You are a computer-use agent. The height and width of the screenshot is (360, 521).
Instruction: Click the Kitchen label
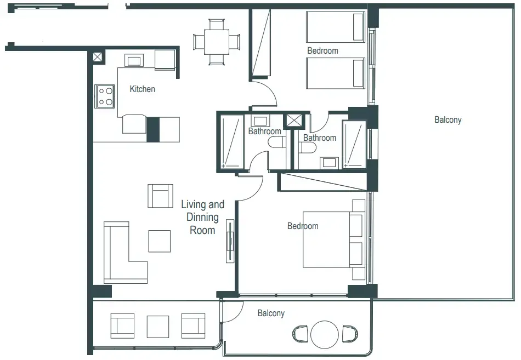click(142, 89)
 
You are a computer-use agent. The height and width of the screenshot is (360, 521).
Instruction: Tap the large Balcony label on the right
click(448, 119)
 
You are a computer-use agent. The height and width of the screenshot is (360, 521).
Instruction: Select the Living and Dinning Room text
click(202, 217)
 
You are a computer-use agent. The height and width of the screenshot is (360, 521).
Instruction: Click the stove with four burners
click(104, 96)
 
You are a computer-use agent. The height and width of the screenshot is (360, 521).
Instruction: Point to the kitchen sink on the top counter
click(134, 60)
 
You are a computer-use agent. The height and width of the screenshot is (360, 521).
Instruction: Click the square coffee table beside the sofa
click(160, 241)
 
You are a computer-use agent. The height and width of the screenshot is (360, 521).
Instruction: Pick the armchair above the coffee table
click(160, 196)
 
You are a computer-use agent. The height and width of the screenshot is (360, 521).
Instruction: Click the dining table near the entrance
click(217, 42)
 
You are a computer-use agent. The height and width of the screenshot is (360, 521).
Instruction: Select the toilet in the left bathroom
click(277, 142)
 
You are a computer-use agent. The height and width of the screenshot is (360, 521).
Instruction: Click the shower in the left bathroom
click(230, 142)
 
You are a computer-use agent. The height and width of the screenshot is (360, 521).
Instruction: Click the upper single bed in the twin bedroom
click(335, 27)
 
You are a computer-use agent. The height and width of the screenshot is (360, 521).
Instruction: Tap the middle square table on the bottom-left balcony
click(158, 325)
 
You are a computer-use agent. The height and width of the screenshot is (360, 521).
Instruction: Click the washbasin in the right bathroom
click(330, 162)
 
